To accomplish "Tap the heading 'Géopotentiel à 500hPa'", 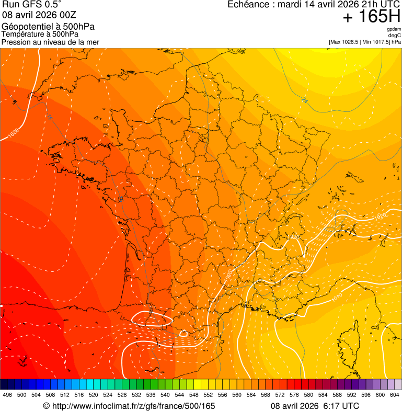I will (48, 27).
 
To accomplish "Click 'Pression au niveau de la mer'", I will (50, 42).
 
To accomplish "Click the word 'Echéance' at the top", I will (247, 5).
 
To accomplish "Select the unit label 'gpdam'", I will (394, 29).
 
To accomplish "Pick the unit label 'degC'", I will (395, 35).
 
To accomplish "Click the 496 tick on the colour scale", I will (7, 395).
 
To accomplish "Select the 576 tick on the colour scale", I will (294, 395).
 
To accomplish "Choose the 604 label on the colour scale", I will (395, 395).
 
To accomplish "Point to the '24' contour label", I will (304, 99).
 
